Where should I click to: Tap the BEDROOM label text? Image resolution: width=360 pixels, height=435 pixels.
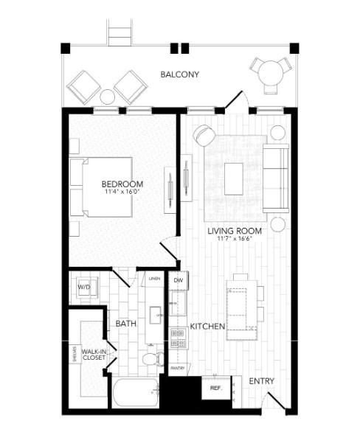click(122, 184)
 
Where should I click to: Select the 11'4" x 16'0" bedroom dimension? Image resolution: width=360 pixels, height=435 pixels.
click(122, 192)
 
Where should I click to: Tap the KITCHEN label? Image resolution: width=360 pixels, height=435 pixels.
click(207, 325)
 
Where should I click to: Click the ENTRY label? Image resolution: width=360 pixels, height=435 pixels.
click(262, 381)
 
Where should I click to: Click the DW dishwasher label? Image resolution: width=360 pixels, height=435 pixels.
click(178, 281)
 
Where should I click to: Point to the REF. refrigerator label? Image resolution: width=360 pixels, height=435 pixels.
click(216, 387)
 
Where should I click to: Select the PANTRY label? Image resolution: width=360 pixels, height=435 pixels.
click(177, 367)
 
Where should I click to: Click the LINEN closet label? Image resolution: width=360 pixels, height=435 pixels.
click(154, 279)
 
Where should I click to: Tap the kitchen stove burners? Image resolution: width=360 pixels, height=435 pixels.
click(177, 338)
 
